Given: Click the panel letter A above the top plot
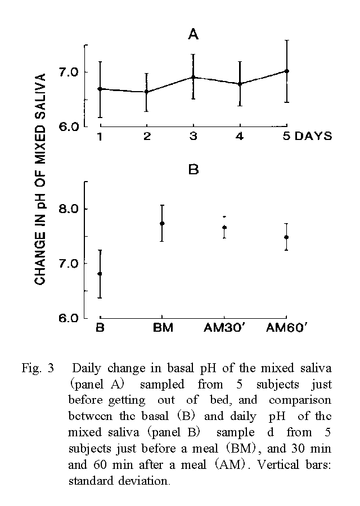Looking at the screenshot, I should pyautogui.click(x=193, y=35).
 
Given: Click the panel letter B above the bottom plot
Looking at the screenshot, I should pyautogui.click(x=193, y=169).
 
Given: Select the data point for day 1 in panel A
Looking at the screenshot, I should pyautogui.click(x=100, y=89).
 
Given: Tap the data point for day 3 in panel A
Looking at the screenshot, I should pyautogui.click(x=193, y=77).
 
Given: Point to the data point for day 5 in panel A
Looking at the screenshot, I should pyautogui.click(x=287, y=71).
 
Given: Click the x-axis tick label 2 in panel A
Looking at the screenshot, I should pyautogui.click(x=146, y=137).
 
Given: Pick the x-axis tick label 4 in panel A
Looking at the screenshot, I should pyautogui.click(x=240, y=137).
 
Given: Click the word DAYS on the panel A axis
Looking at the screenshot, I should pyautogui.click(x=314, y=137).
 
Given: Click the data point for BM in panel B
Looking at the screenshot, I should pyautogui.click(x=162, y=223).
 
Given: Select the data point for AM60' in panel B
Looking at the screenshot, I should pyautogui.click(x=286, y=237).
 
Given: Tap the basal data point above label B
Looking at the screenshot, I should pyautogui.click(x=100, y=274).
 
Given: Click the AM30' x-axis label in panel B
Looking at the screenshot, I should pyautogui.click(x=224, y=328).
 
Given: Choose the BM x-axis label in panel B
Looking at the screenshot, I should pyautogui.click(x=163, y=328).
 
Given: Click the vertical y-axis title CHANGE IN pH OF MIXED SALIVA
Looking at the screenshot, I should pyautogui.click(x=40, y=179).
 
